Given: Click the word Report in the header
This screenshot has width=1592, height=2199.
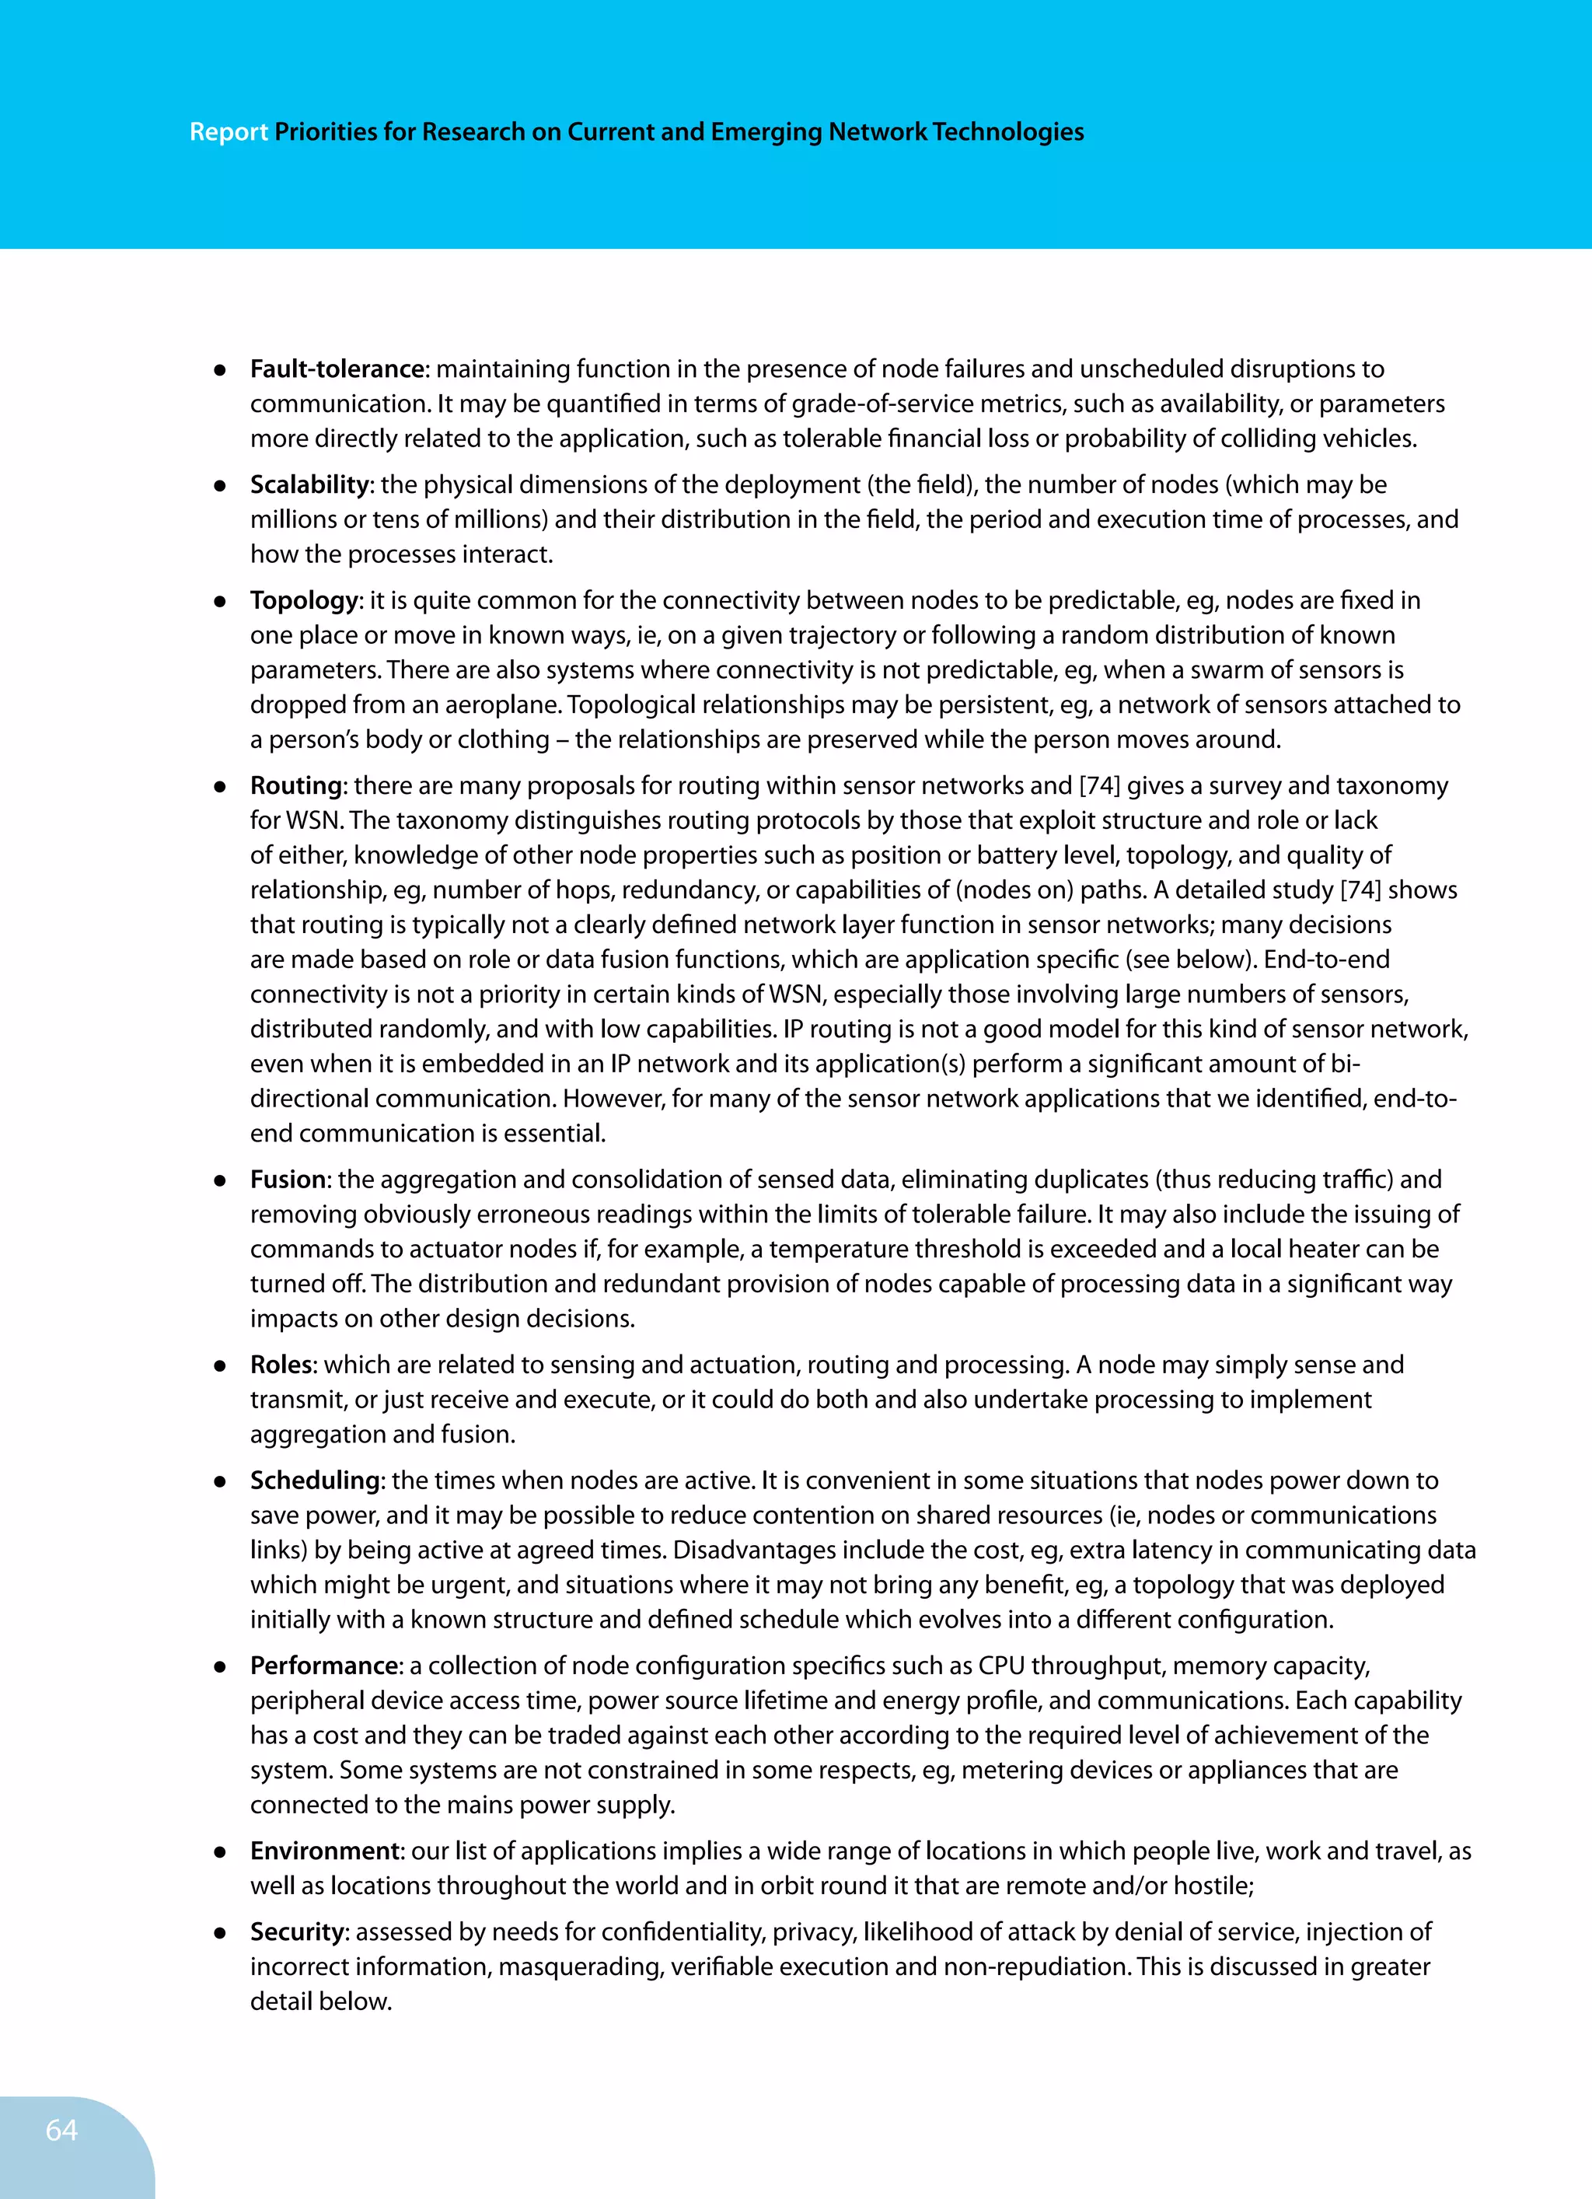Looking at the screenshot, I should (229, 132).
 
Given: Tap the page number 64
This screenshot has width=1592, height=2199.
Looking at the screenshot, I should (62, 2129).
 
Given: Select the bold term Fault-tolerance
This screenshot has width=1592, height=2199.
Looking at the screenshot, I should (337, 369).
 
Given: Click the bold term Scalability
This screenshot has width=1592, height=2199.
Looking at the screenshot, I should (309, 484).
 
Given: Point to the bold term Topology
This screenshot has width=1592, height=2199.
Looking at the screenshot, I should (303, 600).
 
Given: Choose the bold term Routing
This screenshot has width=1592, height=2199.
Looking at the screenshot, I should (295, 785).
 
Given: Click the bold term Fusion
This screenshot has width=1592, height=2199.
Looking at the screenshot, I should (288, 1179).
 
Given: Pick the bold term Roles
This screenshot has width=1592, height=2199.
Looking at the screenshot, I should (281, 1364).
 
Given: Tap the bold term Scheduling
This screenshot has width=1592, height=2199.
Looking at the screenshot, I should (314, 1481).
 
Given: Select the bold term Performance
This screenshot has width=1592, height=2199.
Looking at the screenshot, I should (324, 1666).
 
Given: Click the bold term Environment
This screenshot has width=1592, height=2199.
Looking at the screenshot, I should (325, 1851).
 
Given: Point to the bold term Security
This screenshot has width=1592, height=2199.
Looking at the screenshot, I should (297, 1932).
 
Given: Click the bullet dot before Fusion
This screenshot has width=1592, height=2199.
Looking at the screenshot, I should (220, 1181).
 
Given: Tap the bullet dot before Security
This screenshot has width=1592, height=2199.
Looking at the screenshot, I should (220, 1933).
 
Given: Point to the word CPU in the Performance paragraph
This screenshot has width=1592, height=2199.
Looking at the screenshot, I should (1000, 1666).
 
